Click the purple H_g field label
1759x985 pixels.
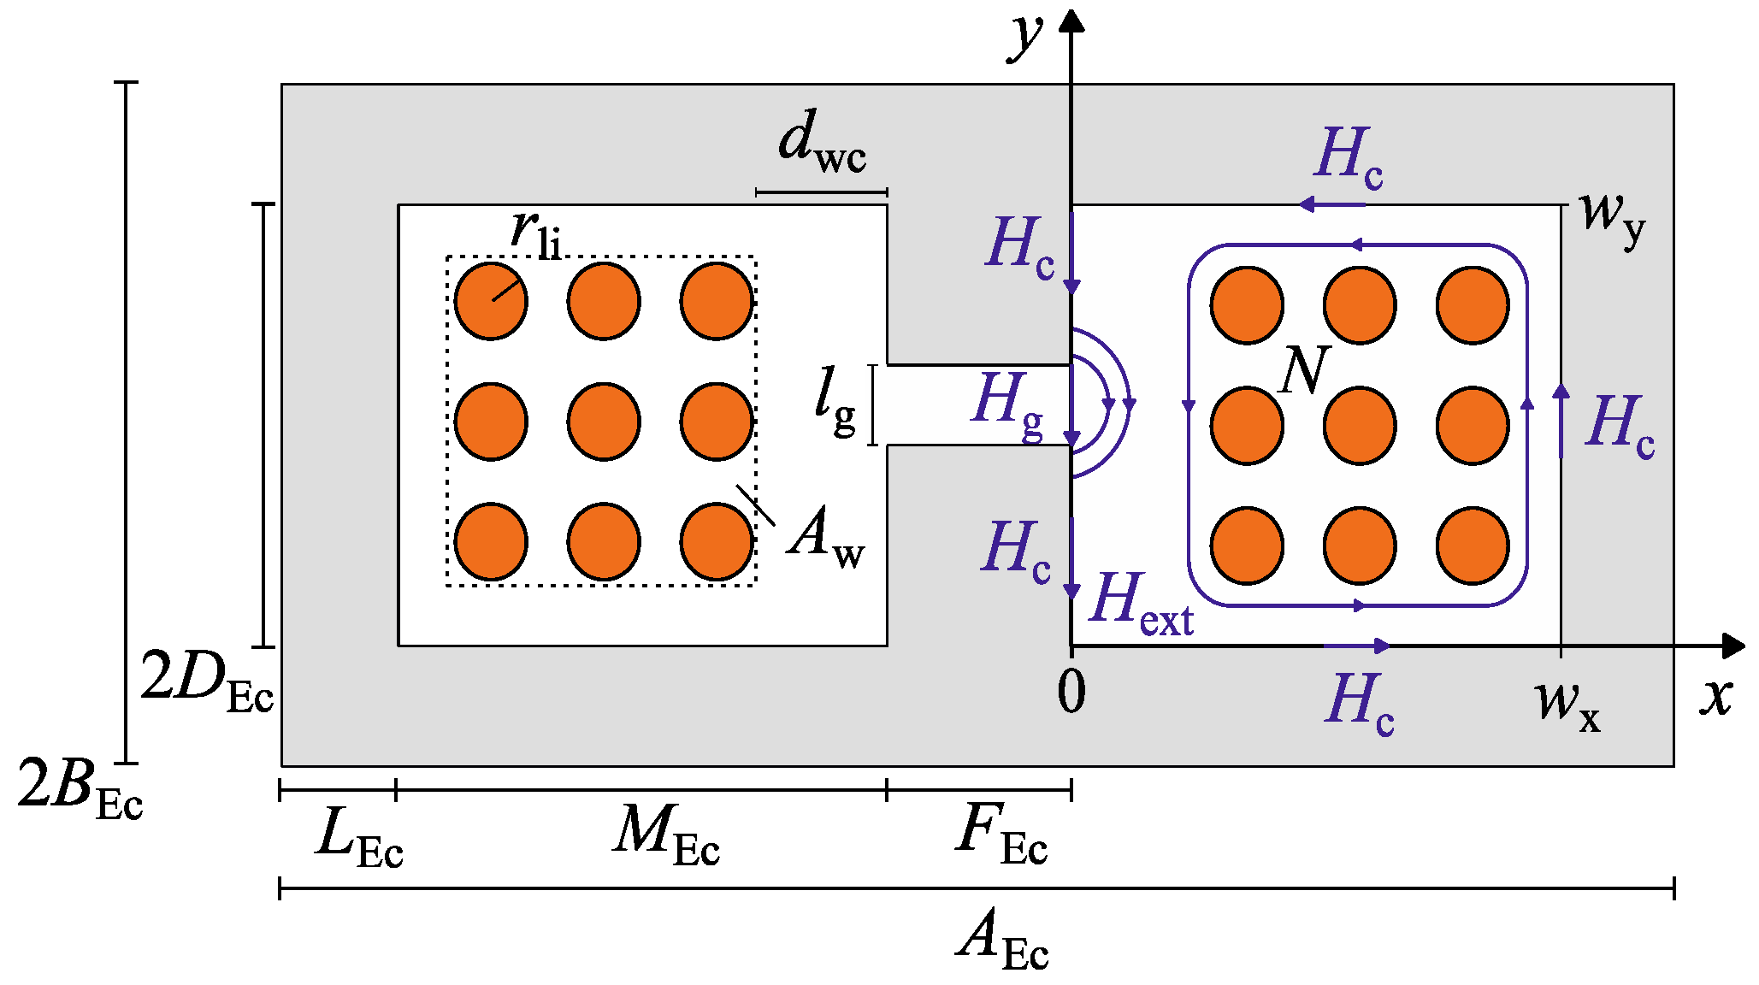pyautogui.click(x=1007, y=403)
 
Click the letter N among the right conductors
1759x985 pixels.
pyautogui.click(x=1305, y=369)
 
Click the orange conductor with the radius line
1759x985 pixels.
pyautogui.click(x=491, y=301)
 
